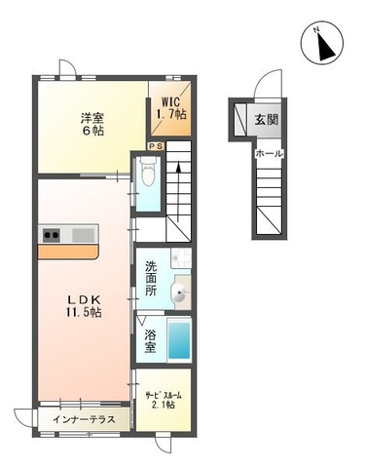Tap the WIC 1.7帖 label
[171, 107]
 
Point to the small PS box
[156, 145]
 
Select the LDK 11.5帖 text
[84, 303]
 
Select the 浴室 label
[152, 340]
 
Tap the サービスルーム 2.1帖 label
[164, 400]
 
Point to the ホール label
[269, 154]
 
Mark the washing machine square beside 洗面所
[180, 258]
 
